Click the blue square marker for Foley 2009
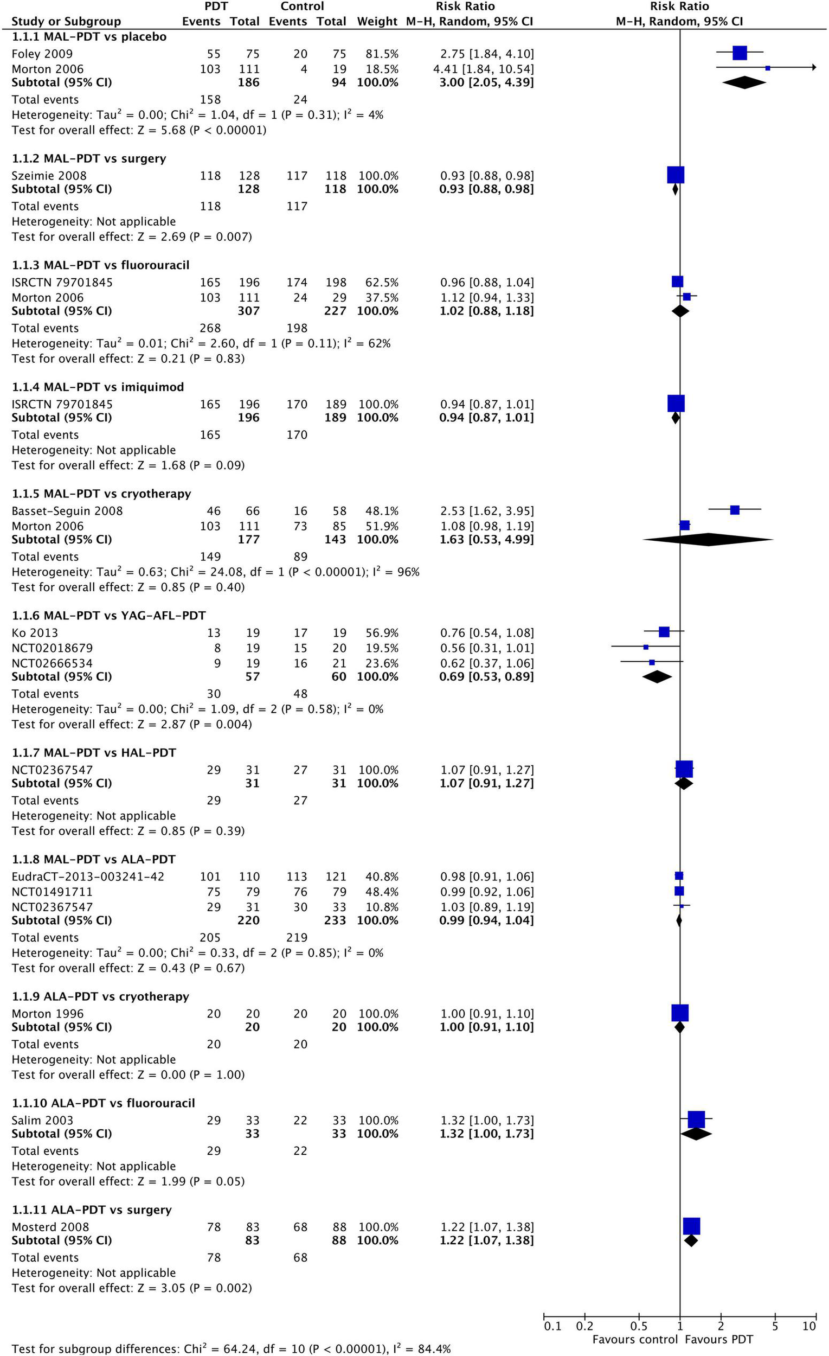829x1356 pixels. (x=740, y=53)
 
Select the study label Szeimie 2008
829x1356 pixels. (x=49, y=176)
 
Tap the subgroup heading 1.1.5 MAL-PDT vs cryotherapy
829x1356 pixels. (x=101, y=494)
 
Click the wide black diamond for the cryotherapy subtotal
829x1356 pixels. (x=708, y=539)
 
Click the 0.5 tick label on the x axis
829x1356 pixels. (x=638, y=1326)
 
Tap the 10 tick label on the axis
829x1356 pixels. (x=808, y=1326)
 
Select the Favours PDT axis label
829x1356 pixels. (x=718, y=1340)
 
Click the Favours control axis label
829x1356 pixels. (x=635, y=1340)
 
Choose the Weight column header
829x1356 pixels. (x=377, y=22)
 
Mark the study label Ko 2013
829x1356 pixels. (x=35, y=633)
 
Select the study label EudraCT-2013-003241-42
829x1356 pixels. (x=88, y=876)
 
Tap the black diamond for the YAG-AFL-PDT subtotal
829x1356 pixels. (x=657, y=676)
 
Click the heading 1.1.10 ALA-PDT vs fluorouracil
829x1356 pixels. (x=104, y=1103)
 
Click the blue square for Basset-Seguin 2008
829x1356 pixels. (x=734, y=510)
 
